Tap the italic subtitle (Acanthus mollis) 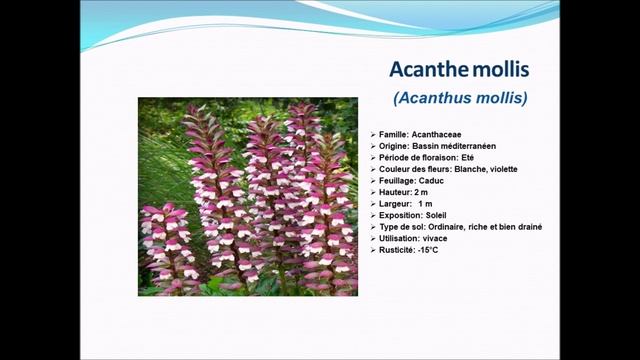461,98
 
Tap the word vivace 435,239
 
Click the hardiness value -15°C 427,250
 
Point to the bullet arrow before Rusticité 373,250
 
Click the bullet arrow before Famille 373,133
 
